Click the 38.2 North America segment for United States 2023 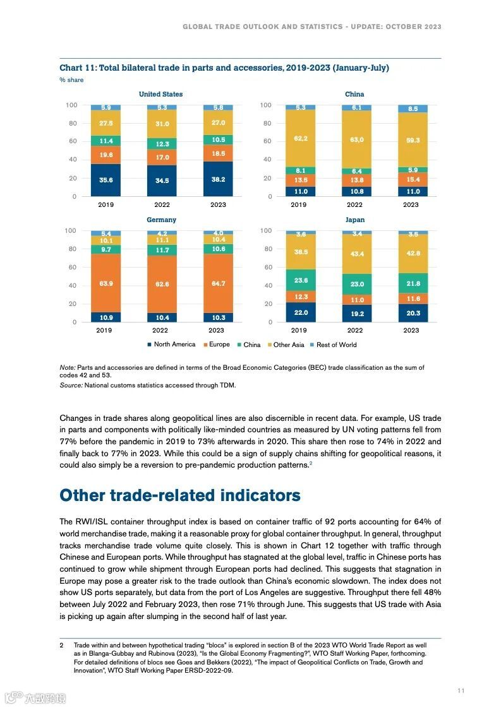click(218, 179)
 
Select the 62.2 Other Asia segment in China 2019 click(301, 138)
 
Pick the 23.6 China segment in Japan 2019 click(301, 280)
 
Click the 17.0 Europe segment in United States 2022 click(162, 157)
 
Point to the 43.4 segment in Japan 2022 click(356, 254)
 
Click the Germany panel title click(161, 220)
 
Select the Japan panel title click(355, 220)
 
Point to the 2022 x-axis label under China click(354, 204)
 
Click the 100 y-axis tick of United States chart click(71, 105)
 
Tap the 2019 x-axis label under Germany click(106, 330)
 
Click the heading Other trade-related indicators click(180, 495)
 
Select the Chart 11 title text click(224, 68)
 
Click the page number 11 click(461, 691)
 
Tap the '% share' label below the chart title click(71, 80)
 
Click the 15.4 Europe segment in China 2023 click(413, 180)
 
